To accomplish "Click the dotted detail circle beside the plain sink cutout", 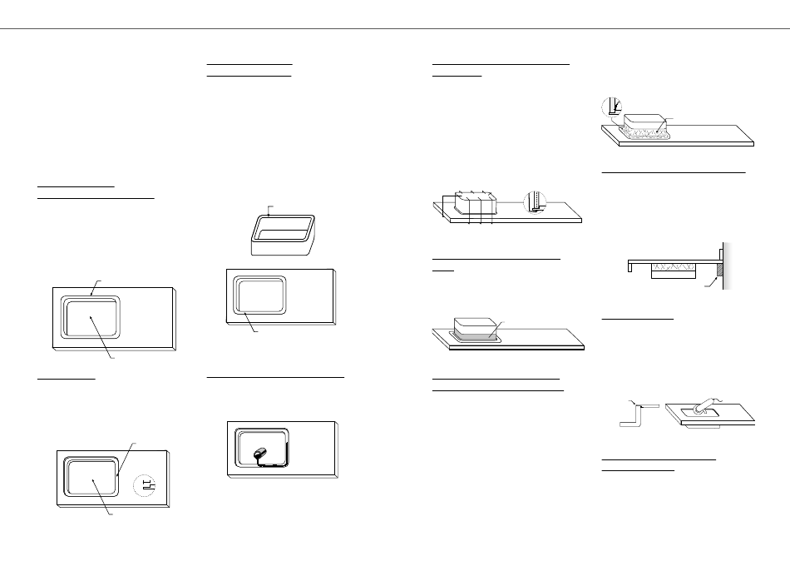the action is click(x=145, y=484).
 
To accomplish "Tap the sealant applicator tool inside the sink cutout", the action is click(x=259, y=453).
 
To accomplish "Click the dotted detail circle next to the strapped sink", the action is click(x=535, y=202).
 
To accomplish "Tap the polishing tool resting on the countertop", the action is click(x=706, y=405).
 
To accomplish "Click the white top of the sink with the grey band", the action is click(x=475, y=323).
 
